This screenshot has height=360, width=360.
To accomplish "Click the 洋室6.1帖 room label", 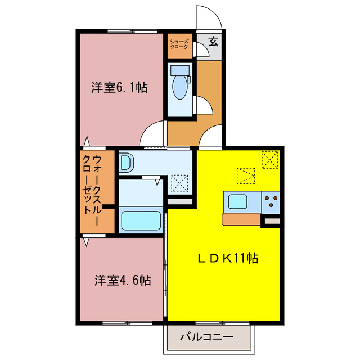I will point(120,88).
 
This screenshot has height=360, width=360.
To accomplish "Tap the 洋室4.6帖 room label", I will point(122,280).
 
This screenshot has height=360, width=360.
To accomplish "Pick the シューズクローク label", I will point(179,46).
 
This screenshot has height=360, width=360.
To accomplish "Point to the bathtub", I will point(142,219).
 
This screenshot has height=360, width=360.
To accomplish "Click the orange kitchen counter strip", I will point(242,219).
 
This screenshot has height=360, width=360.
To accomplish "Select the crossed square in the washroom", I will point(181,182).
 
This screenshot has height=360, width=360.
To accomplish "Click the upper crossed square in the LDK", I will point(269,160).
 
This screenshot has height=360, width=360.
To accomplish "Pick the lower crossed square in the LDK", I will point(246,175).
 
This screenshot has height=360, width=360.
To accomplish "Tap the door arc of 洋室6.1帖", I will point(152,134).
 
